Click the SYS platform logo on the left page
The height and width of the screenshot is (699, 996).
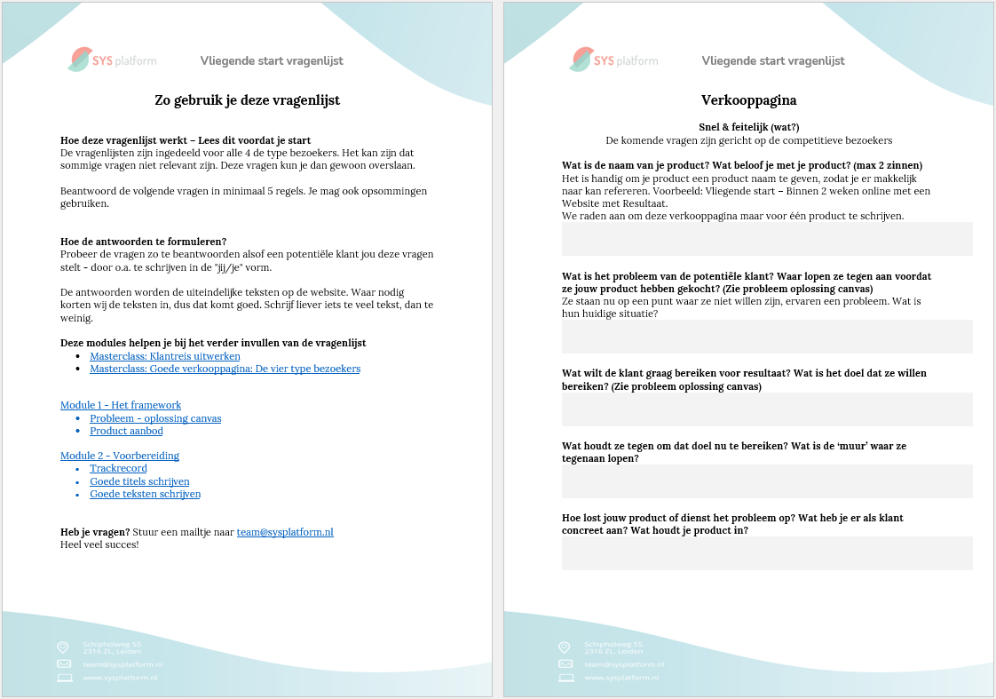112,60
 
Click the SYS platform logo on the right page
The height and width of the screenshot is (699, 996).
613,60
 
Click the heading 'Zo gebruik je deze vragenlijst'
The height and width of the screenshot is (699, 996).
247,100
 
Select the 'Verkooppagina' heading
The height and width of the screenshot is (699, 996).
748,100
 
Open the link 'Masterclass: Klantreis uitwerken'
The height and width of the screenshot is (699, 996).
164,356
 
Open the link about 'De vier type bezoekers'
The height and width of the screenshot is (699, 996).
225,369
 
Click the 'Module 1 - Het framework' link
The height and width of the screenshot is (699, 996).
121,405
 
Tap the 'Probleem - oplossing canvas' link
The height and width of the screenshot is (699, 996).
155,418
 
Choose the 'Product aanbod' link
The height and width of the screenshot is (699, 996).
126,431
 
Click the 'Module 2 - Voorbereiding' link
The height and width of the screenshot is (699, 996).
120,456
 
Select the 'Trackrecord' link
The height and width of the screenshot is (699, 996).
118,468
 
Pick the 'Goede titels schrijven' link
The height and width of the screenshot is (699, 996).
139,481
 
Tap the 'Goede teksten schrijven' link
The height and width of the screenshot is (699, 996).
145,494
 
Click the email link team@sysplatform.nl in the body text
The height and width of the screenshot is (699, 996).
285,532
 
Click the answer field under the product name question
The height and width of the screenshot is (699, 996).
767,239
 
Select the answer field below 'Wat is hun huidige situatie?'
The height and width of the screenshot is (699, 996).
767,337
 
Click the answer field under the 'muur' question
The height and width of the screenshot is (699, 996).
767,481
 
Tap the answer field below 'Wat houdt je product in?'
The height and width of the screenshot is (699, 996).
767,553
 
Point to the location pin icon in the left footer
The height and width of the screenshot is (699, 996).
63,647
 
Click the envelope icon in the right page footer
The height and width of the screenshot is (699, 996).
565,663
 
